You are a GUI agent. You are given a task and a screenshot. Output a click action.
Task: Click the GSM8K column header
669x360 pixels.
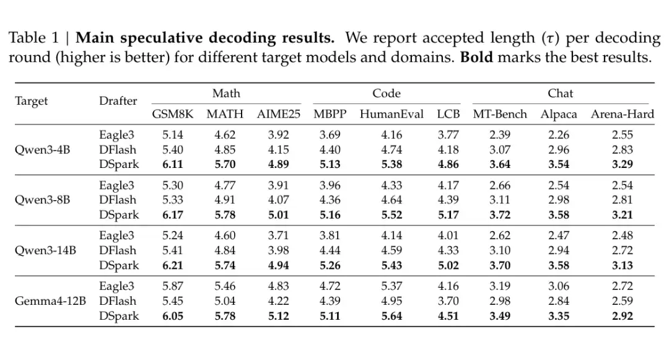click(x=172, y=114)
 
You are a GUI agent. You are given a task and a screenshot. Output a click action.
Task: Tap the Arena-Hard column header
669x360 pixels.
click(x=622, y=114)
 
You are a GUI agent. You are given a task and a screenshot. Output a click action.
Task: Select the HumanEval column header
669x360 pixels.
click(x=391, y=114)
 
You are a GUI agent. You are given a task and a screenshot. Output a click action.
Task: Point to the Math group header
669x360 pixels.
click(x=226, y=94)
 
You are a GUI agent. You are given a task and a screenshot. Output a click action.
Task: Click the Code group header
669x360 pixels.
click(x=386, y=94)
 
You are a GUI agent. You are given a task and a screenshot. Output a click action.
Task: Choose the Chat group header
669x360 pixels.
click(x=560, y=94)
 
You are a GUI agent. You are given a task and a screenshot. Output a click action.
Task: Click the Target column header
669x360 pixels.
click(x=31, y=102)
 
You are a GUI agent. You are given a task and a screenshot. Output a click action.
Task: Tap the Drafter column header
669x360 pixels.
click(x=118, y=100)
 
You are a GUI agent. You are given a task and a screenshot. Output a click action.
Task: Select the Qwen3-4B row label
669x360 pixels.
click(x=42, y=150)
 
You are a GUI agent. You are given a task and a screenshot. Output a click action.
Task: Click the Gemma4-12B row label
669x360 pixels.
click(x=50, y=301)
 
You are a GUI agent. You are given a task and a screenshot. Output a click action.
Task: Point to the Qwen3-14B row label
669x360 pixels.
click(x=45, y=250)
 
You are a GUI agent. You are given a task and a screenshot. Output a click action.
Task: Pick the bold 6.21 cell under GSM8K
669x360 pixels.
click(x=172, y=265)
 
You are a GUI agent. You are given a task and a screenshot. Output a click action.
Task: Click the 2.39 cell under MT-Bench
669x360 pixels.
click(x=500, y=135)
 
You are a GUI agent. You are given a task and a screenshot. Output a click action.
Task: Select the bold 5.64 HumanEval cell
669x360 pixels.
click(x=391, y=316)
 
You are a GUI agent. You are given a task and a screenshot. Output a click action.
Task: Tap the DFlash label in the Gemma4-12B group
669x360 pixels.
click(x=117, y=301)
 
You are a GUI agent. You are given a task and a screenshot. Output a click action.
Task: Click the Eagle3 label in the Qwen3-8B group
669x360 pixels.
click(x=116, y=185)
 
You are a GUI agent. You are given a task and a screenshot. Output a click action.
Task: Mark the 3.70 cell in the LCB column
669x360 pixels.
click(x=448, y=301)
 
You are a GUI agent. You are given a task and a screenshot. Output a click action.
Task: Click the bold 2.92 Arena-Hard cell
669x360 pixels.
click(x=622, y=316)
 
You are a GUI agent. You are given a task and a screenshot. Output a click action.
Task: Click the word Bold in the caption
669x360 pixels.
click(x=476, y=57)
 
